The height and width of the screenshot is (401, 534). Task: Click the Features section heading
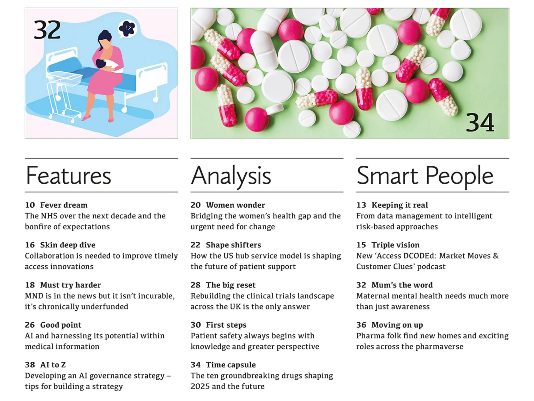coord(68,176)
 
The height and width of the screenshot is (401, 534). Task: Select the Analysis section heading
coord(231,176)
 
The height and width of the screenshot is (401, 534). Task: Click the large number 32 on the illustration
coord(47,30)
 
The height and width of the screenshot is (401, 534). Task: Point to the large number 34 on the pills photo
coord(480,123)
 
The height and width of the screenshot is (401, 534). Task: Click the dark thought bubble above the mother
coord(127,28)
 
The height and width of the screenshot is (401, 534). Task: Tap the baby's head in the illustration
coord(100,63)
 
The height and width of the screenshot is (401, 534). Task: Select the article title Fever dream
coord(64,205)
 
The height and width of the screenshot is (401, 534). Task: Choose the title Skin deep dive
coord(68,245)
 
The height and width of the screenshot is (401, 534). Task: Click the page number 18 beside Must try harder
coord(30,285)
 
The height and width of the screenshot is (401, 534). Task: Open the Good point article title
coord(60,325)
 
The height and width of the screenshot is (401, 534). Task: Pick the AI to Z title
coord(53,365)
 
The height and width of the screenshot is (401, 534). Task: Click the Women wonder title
coord(235,205)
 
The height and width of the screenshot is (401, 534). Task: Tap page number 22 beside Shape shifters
coord(195,245)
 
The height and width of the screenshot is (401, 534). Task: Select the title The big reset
coord(230,285)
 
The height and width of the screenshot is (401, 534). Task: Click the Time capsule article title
coord(230,365)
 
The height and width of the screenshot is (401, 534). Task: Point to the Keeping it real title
coord(399,205)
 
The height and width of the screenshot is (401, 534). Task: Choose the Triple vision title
coord(395,245)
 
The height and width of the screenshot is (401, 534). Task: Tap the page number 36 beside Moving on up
coord(361,325)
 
